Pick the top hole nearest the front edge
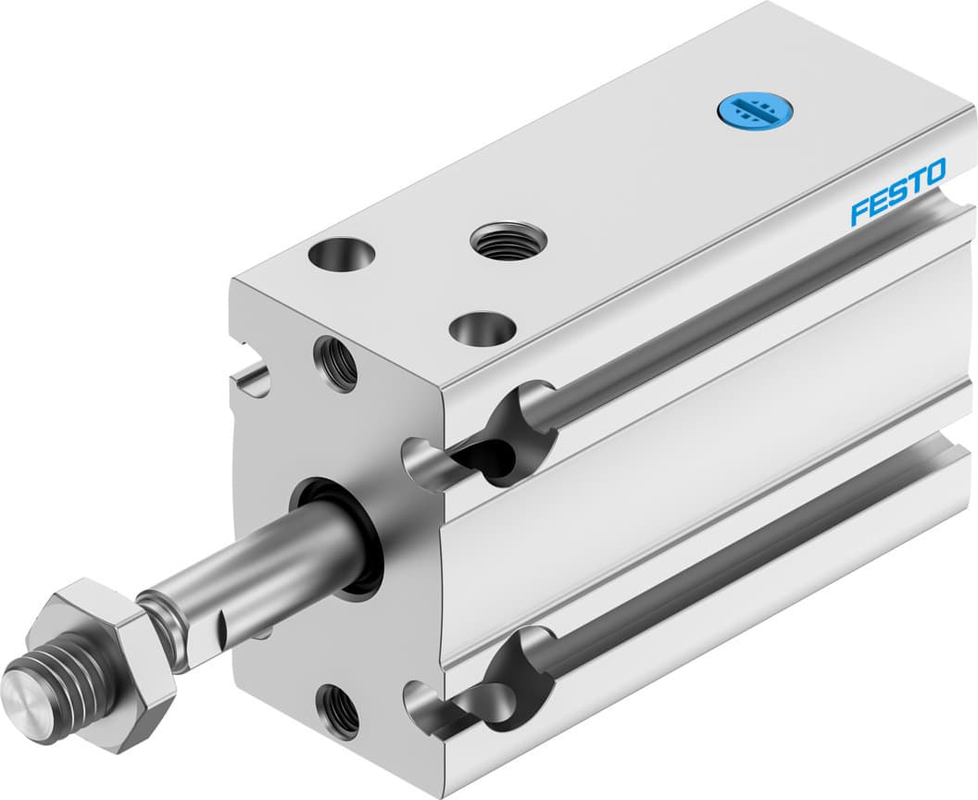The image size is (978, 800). (x=481, y=328)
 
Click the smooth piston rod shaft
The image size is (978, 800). (x=278, y=556)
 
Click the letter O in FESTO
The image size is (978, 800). (x=934, y=172)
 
